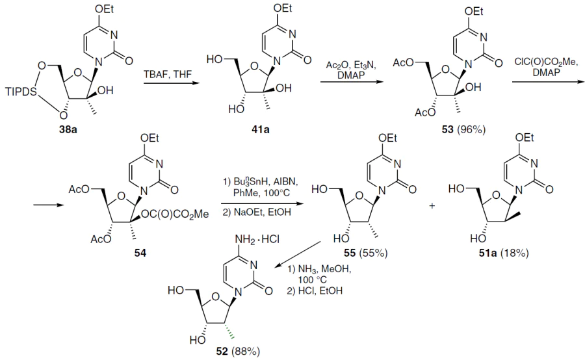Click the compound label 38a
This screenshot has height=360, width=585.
pos(68,130)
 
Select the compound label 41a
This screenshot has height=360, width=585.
pos(261,130)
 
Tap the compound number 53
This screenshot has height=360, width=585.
pos(447,130)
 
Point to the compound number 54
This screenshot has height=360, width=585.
pos(140,253)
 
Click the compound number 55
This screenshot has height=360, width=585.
pos(350,253)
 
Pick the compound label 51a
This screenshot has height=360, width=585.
pos(487,253)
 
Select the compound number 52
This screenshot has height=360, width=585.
pos(222,351)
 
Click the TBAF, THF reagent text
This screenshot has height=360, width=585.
pos(168,74)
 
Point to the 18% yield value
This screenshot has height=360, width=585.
pos(515,253)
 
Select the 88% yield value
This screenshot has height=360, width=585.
pos(246,351)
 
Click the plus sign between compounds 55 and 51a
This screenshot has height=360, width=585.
pos(432,205)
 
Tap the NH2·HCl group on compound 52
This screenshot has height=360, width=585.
pos(257,239)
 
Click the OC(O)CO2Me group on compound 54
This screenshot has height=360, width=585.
pos(175,214)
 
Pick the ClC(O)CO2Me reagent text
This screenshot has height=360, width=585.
pos(545,62)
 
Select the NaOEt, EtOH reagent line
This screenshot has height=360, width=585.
pos(257,212)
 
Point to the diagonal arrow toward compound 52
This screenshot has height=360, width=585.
pos(297,255)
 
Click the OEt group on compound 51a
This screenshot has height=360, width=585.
pos(524,138)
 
